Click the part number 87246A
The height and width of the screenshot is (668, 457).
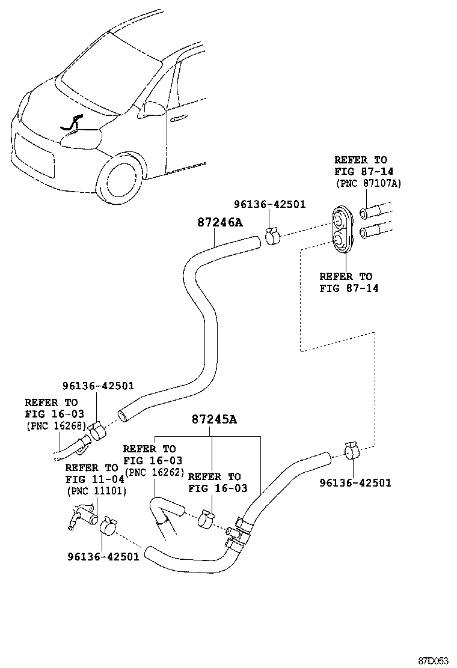pos(219,222)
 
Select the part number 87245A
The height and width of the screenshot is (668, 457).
pos(214,419)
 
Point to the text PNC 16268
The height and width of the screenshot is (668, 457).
pos(55,425)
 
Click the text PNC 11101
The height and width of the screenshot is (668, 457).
pos(94,490)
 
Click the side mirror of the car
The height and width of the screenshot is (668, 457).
pos(152,109)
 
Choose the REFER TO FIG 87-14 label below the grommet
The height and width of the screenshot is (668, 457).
pos(346,282)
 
